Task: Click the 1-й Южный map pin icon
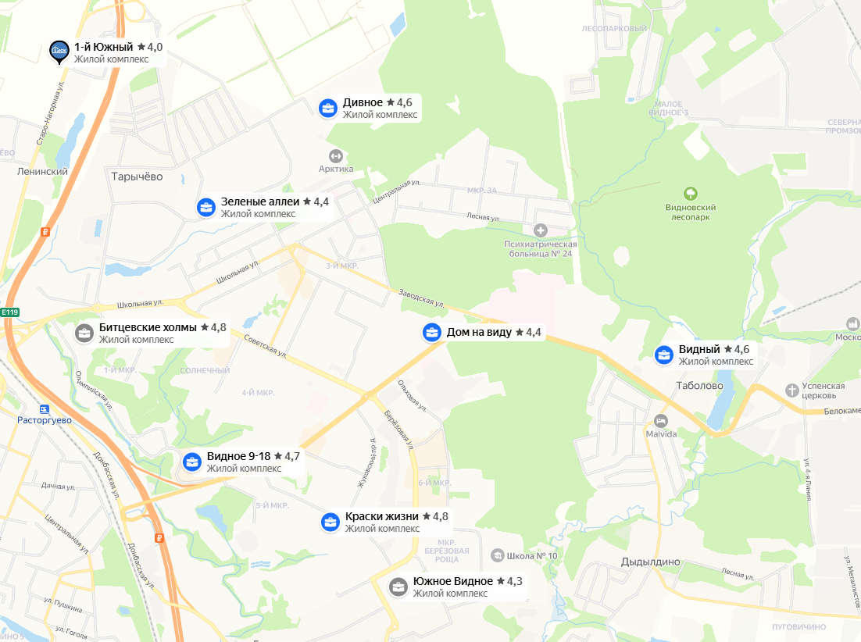pyautogui.click(x=59, y=52)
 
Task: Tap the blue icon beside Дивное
pyautogui.click(x=328, y=108)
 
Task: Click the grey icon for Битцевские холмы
pyautogui.click(x=84, y=333)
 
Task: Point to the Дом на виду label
pyautogui.click(x=479, y=332)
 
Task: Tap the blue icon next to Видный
pyautogui.click(x=664, y=355)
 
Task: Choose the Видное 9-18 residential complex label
pyautogui.click(x=238, y=456)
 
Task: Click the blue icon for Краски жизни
pyautogui.click(x=330, y=522)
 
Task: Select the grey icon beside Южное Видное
pyautogui.click(x=398, y=587)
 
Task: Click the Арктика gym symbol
pyautogui.click(x=336, y=155)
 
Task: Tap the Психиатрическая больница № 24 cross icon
pyautogui.click(x=540, y=230)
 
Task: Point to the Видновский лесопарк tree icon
pyautogui.click(x=690, y=193)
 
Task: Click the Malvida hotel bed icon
pyautogui.click(x=661, y=420)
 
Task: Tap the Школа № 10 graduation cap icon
pyautogui.click(x=497, y=555)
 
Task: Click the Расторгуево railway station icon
pyautogui.click(x=44, y=408)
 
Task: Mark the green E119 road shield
pyautogui.click(x=9, y=312)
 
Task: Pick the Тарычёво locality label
pyautogui.click(x=137, y=177)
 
